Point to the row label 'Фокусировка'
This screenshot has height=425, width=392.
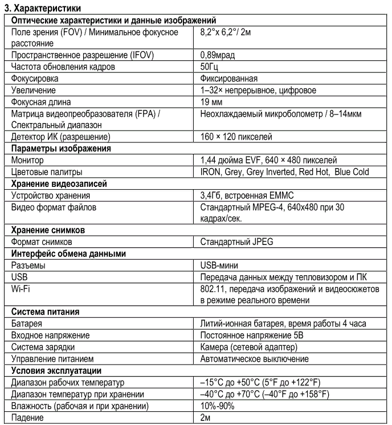point(35,78)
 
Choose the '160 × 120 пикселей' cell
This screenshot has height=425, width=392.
point(236,137)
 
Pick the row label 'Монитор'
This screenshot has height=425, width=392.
point(27,160)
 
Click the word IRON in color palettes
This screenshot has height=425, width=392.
point(210,171)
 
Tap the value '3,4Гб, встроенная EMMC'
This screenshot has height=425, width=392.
point(246,195)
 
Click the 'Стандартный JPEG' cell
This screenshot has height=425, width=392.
point(236,242)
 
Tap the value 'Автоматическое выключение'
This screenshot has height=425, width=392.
point(254,359)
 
